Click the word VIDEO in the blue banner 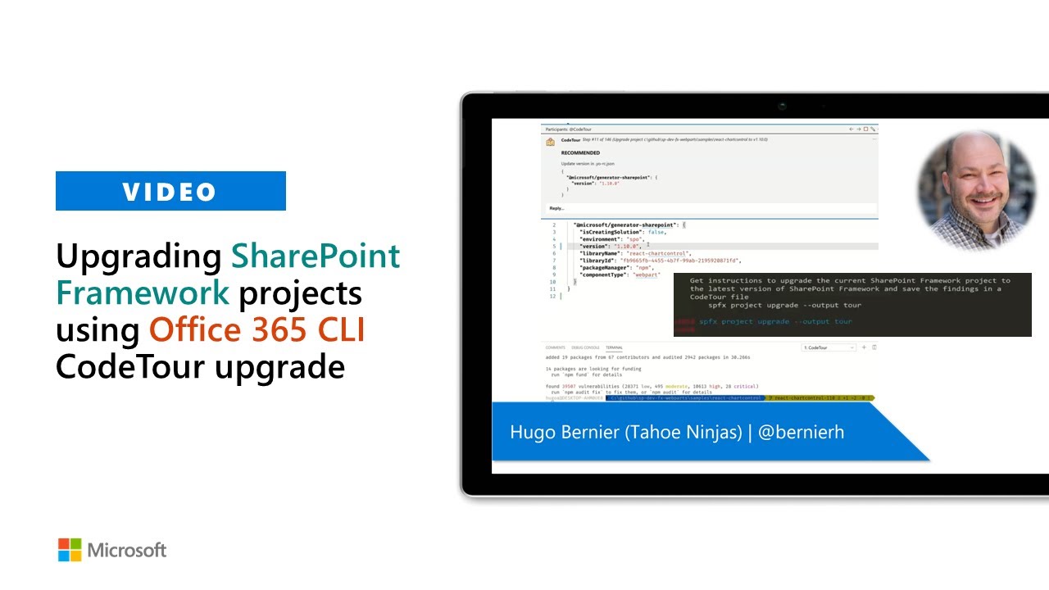coord(170,192)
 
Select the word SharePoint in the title coord(316,256)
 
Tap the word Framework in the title coord(143,293)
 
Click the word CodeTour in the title coord(131,365)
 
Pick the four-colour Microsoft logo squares coord(70,550)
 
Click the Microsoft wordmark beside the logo coord(127,550)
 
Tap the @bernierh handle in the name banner coord(801,432)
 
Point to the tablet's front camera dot coord(783,107)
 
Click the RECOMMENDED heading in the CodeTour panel coord(580,153)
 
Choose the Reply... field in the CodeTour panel coord(557,208)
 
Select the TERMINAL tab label coord(614,347)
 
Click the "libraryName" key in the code coord(601,253)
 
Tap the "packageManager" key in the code coord(605,267)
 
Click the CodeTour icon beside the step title coord(551,141)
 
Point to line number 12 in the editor coord(553,296)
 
